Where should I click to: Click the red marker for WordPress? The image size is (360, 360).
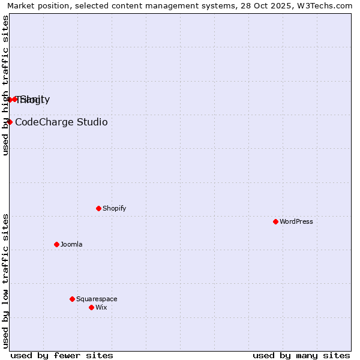coord(275,221)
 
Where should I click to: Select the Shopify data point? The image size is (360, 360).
coord(98,208)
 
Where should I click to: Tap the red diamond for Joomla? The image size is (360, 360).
coord(56,244)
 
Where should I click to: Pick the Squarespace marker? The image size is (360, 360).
coord(72,299)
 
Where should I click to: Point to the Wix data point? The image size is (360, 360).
coord(91,307)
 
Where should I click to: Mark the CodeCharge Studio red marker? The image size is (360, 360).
coord(10,122)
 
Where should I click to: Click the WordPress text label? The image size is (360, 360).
coord(296,221)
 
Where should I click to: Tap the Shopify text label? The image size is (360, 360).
coord(114,208)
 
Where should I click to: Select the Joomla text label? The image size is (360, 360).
coord(71,244)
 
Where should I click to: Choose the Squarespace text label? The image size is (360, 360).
coord(97,299)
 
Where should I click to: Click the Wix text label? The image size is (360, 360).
coord(101,307)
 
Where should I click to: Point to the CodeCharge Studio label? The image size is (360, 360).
coord(61,122)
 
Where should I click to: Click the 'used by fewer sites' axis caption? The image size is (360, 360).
coord(62,355)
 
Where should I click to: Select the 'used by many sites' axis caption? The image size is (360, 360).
coord(301,355)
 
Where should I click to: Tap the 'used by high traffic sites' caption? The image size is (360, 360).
coord(5,85)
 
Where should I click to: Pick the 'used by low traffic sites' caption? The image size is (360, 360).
coord(5,281)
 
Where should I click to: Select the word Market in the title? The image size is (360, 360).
coord(22,5)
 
